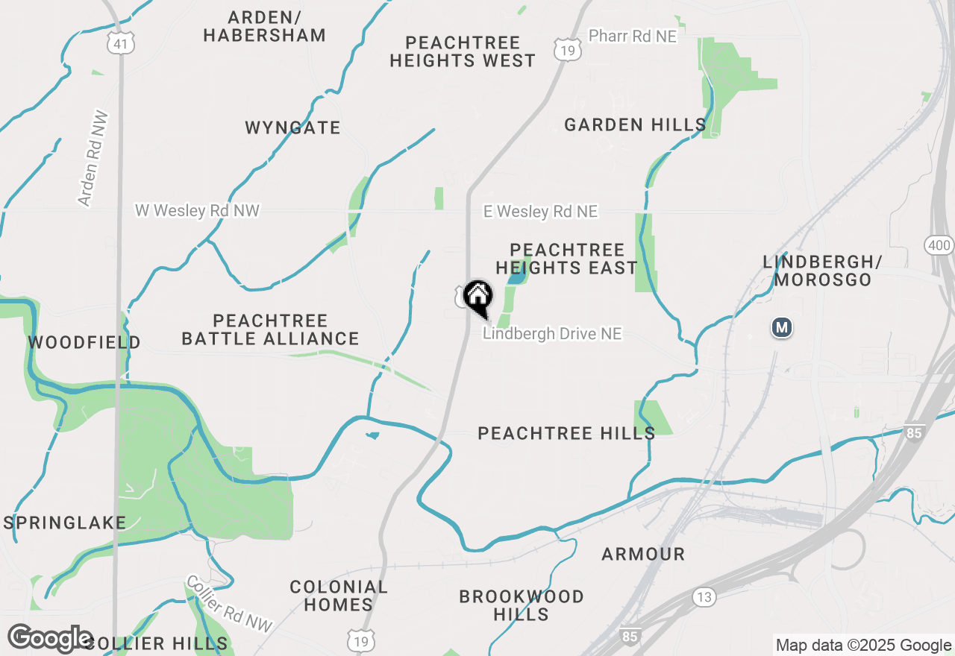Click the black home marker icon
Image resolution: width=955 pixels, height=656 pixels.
[x=478, y=296]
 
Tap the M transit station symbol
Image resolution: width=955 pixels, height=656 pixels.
[x=781, y=327]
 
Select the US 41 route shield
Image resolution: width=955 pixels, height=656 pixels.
[x=119, y=44]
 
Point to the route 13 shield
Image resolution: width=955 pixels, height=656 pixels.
[x=703, y=596]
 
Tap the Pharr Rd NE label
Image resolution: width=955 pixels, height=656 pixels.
[x=632, y=36]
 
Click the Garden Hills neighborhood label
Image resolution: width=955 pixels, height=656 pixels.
[x=635, y=124]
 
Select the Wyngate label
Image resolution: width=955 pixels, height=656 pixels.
[x=292, y=127]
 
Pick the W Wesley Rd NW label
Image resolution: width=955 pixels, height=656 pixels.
[x=197, y=211]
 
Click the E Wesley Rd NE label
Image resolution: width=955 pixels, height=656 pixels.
[x=540, y=212]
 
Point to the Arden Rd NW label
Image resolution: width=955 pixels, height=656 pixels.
[x=93, y=159]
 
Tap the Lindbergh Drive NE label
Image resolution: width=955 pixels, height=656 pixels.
[x=551, y=334]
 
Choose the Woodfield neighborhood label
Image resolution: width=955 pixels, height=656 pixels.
[x=84, y=342]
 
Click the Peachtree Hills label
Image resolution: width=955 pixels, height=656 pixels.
[x=566, y=433]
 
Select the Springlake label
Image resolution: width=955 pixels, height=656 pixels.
[x=65, y=523]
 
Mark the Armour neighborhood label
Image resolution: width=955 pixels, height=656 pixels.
[x=643, y=554]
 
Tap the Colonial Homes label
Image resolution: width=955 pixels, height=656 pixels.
[x=339, y=596]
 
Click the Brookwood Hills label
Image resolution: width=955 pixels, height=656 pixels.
[x=522, y=605]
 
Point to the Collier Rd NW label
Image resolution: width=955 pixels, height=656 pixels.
[x=229, y=604]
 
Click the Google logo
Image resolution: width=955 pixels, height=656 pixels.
[x=50, y=639]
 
